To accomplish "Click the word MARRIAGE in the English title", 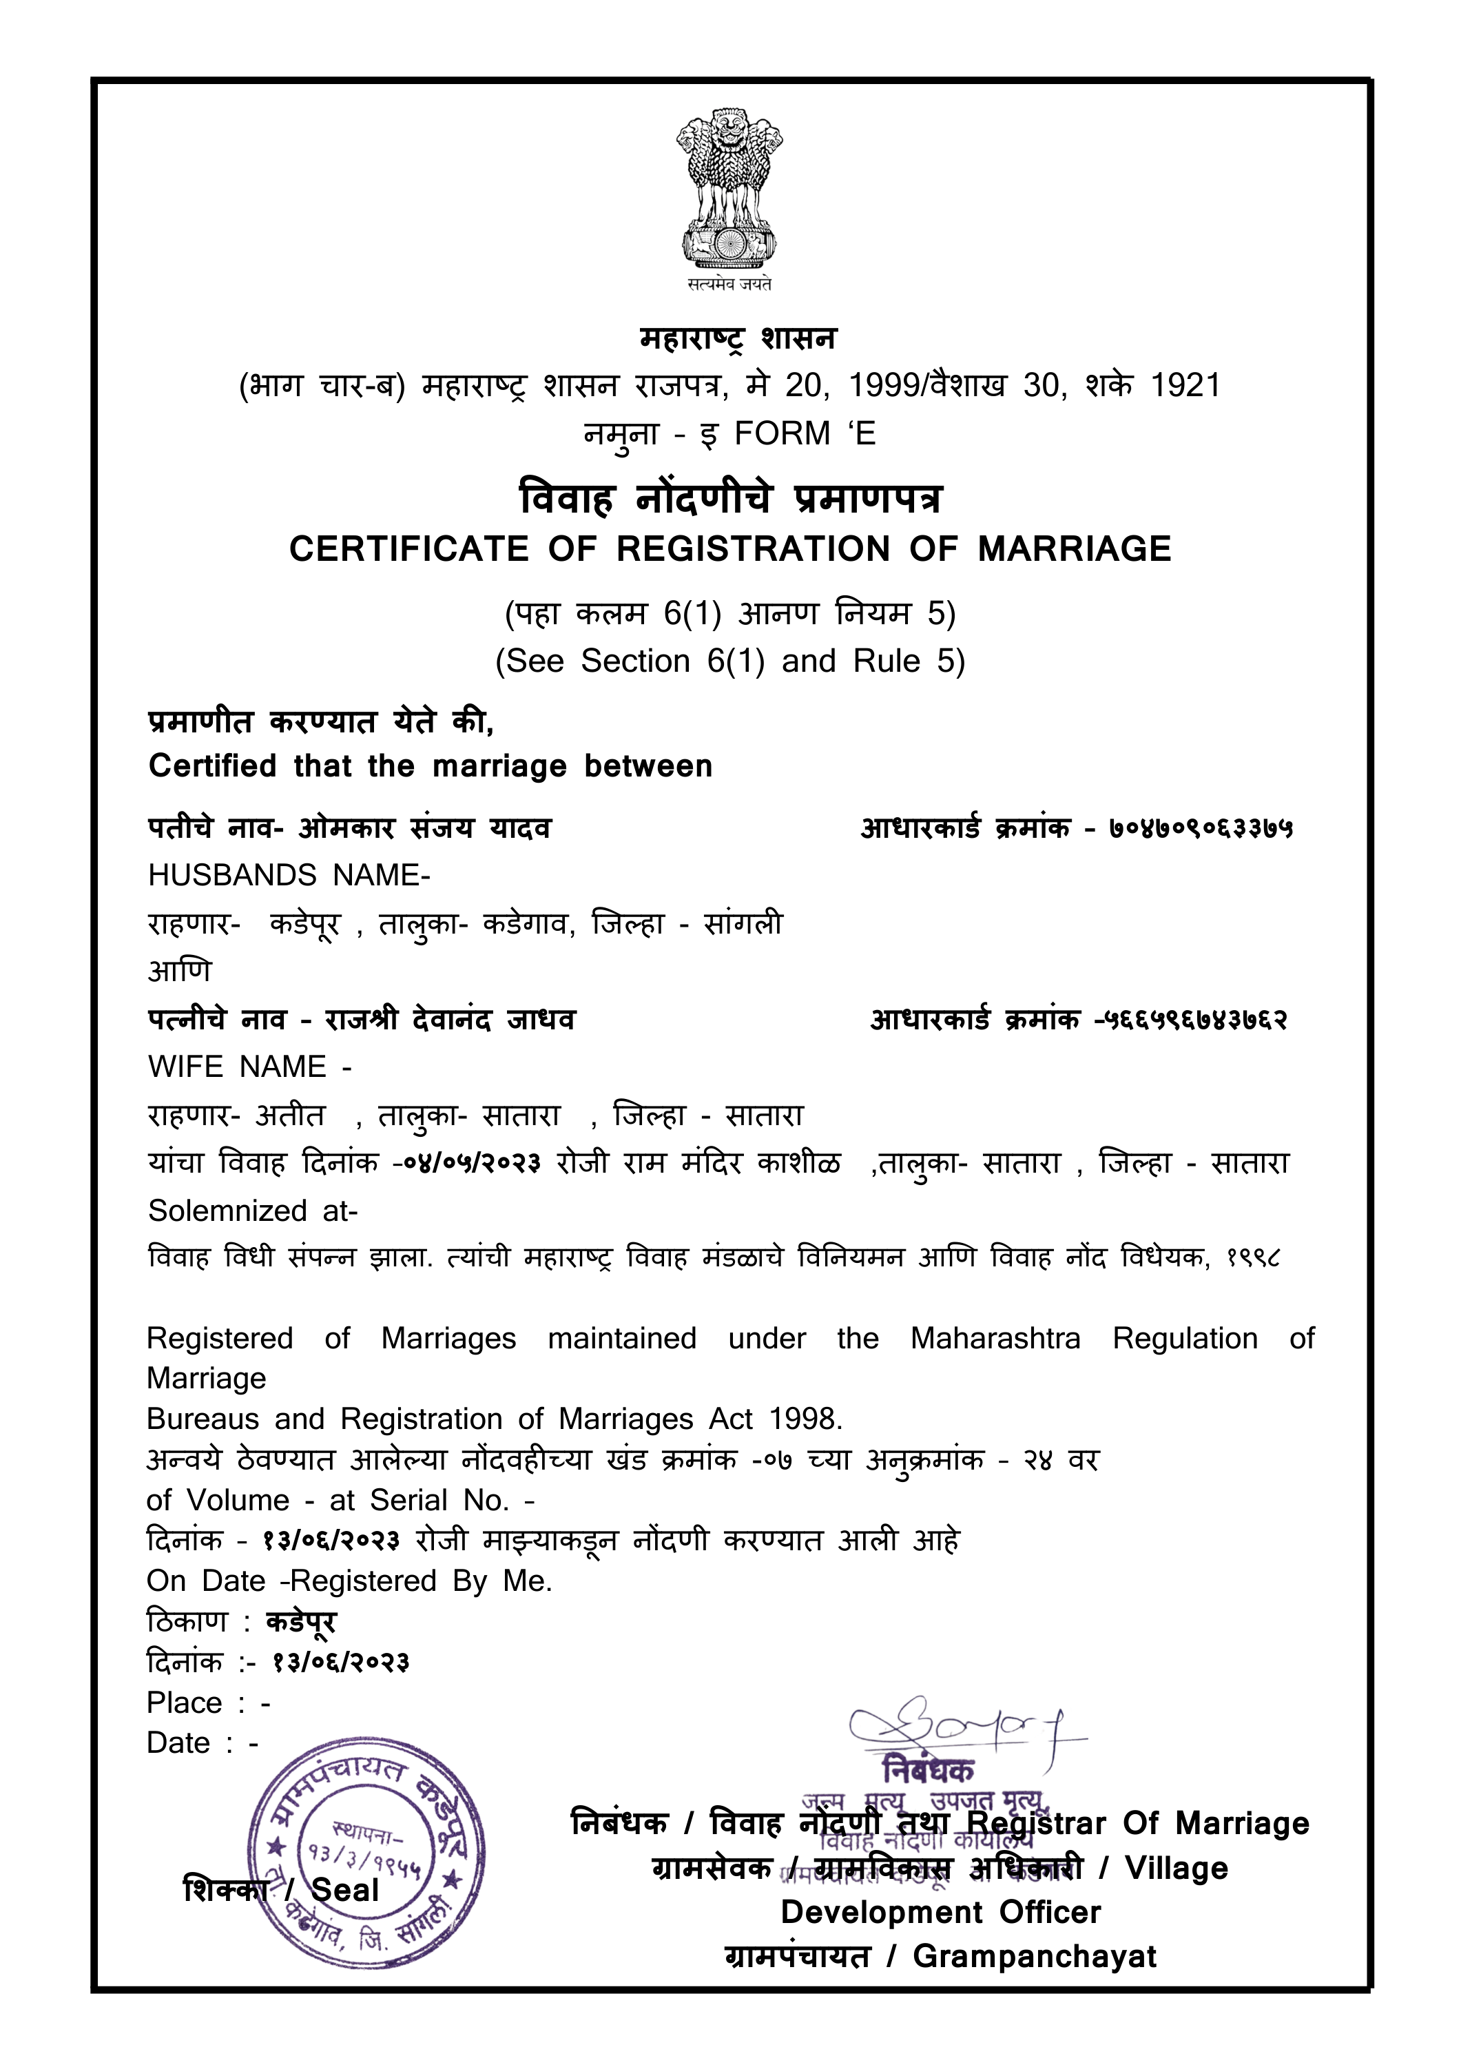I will point(1074,549).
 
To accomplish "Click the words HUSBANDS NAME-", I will point(289,875).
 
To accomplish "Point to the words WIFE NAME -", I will point(249,1067).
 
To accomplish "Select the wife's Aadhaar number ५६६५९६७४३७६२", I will point(1196,1020).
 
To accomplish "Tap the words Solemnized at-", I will point(253,1211).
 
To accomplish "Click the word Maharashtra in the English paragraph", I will point(995,1339).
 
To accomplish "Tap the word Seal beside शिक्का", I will point(345,1890).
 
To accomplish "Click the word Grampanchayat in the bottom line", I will point(1035,1956).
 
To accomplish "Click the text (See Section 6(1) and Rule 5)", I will point(729,661).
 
